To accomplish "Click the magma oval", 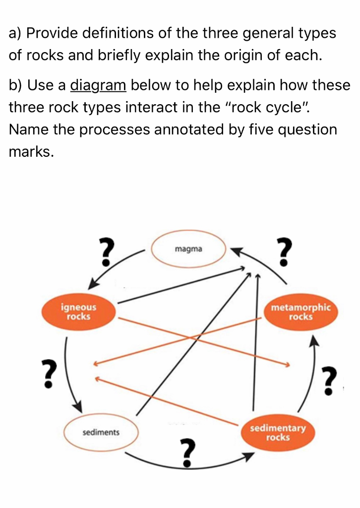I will pos(188,249).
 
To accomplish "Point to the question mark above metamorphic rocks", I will pos(283,252).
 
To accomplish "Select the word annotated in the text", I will pos(199,129).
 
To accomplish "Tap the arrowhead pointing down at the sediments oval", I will pos(78,406).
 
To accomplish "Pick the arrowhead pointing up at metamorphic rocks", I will pos(313,342).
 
